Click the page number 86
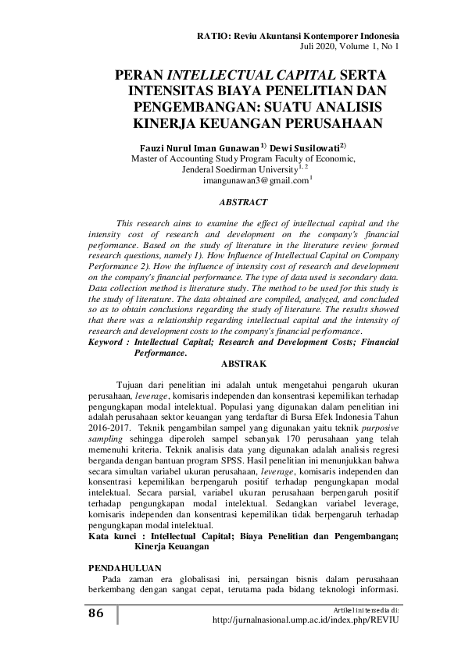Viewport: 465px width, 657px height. pos(95,613)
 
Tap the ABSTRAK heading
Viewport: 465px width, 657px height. pos(245,364)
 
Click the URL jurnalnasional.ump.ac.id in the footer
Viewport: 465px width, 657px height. pos(306,619)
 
